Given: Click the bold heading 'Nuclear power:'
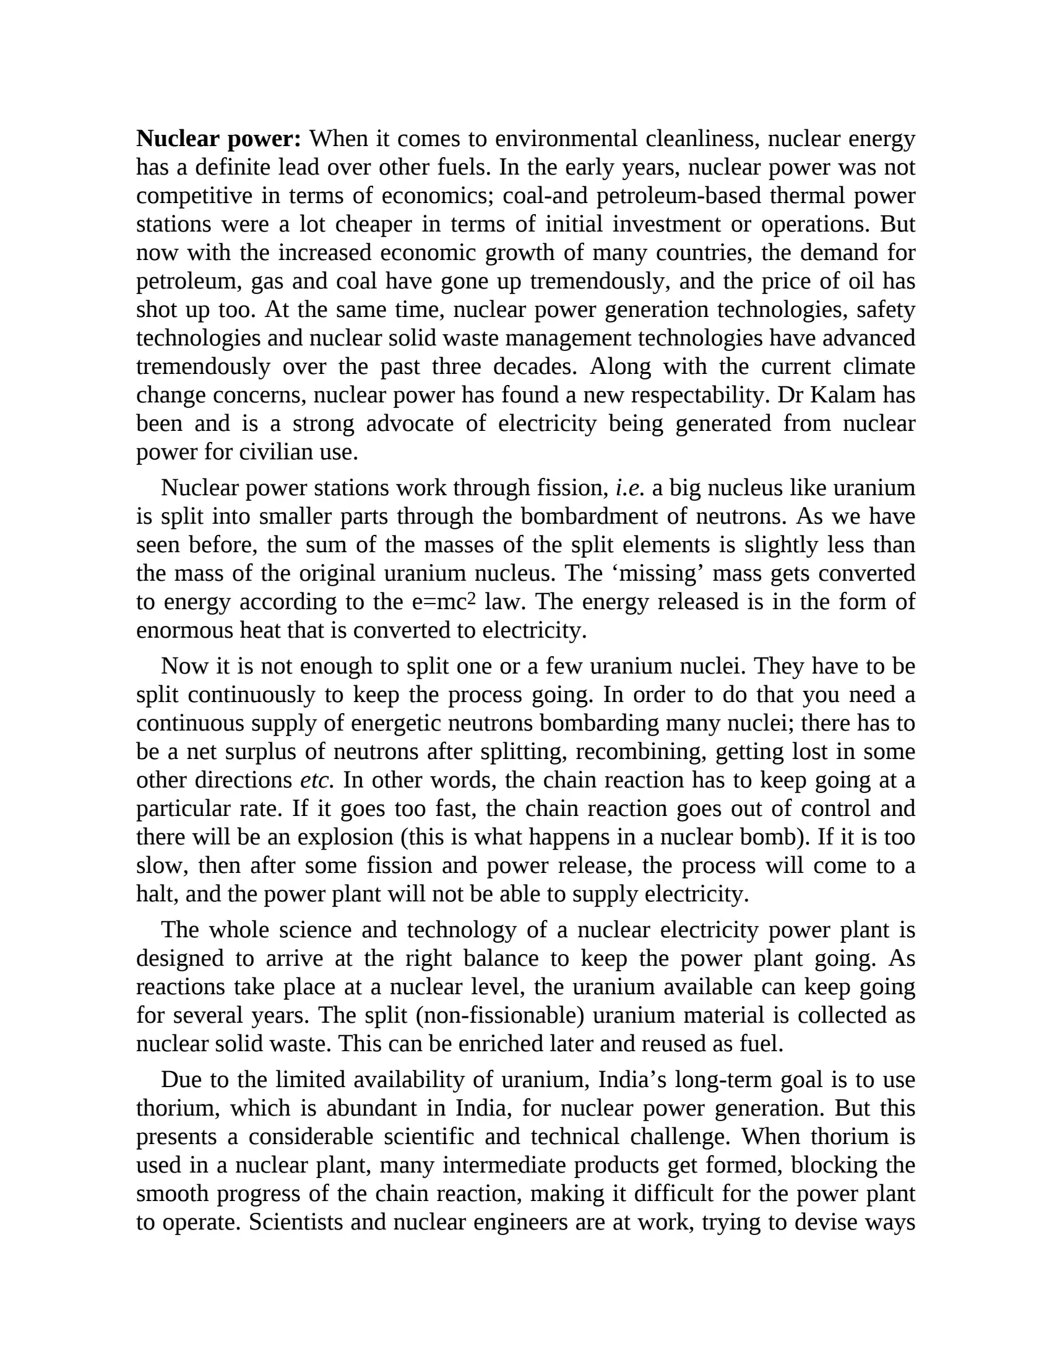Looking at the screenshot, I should click(x=218, y=139).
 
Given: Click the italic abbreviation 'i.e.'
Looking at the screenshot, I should click(x=629, y=488).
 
